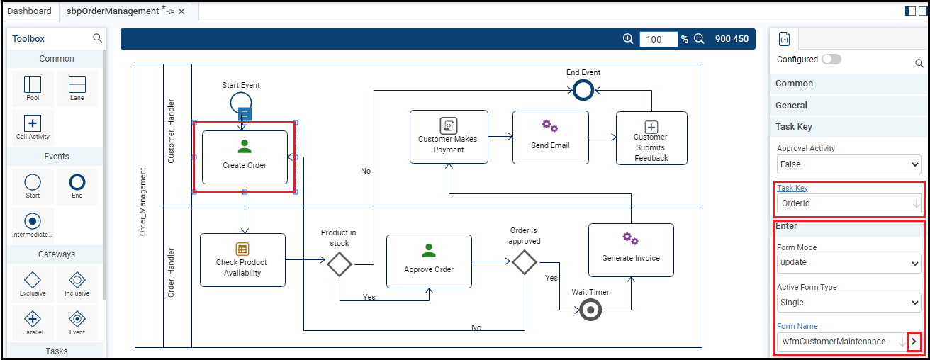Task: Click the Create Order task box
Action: [x=245, y=157]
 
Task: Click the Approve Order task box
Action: [x=429, y=261]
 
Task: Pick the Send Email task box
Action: [x=550, y=137]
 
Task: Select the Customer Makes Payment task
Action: [x=449, y=137]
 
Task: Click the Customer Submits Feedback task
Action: [x=651, y=138]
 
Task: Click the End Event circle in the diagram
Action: [x=583, y=90]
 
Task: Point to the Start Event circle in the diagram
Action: [x=240, y=103]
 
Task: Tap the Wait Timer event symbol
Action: [x=590, y=310]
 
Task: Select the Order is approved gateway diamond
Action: [x=525, y=262]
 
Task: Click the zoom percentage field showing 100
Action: [x=659, y=39]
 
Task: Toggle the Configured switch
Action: [x=831, y=60]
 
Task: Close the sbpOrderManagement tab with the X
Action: [x=182, y=11]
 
